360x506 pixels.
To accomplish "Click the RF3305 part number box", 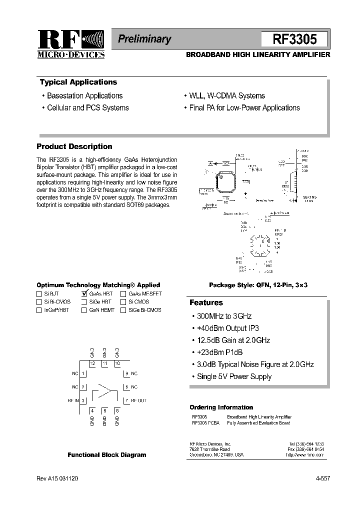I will click(x=294, y=39).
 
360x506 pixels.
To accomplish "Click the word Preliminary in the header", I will click(x=144, y=39).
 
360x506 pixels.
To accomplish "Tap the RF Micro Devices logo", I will click(x=71, y=44).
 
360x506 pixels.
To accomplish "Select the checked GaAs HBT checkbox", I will click(x=84, y=294).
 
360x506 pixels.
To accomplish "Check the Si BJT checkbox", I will click(x=39, y=294).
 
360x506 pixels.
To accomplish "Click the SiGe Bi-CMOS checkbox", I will click(x=123, y=310).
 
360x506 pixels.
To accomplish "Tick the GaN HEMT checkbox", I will click(x=84, y=310).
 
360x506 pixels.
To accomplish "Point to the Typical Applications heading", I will click(x=78, y=82).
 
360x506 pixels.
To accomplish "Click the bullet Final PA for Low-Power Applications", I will click(x=244, y=107).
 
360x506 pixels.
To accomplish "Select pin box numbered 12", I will click(x=92, y=363).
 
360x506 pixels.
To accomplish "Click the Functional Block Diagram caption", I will click(x=107, y=455).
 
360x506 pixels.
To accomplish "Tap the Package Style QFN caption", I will click(x=258, y=284).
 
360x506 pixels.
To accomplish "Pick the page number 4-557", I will click(x=322, y=478).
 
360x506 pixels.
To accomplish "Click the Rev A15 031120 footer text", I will click(x=57, y=478).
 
